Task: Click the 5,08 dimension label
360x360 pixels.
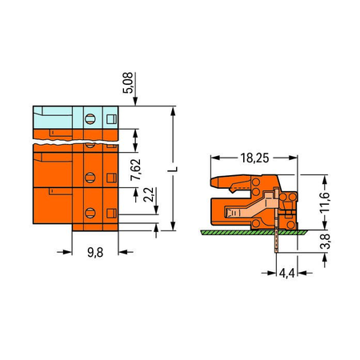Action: [128, 82]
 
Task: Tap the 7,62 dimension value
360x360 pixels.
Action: [136, 170]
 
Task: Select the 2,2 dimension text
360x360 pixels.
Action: [149, 194]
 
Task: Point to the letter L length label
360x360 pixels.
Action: [174, 170]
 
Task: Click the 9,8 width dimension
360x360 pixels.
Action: [95, 252]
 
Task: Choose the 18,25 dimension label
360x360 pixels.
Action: [254, 158]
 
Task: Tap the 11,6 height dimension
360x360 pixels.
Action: [325, 202]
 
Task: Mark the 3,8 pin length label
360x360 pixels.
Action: [325, 241]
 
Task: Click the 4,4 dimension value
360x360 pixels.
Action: [286, 273]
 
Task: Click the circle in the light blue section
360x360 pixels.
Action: [90, 118]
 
